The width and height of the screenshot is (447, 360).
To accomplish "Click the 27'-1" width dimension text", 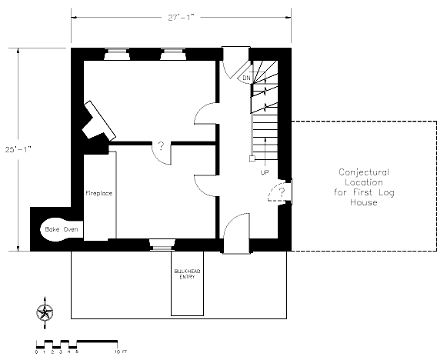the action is click(181, 18).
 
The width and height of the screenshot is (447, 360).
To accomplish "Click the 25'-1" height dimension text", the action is click(18, 149).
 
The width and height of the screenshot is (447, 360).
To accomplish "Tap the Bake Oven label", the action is click(62, 229).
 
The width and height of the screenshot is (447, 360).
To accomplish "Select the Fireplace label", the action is click(99, 193).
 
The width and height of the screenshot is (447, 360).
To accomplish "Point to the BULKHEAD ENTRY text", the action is click(187, 274).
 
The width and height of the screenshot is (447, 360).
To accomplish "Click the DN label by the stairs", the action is click(246, 78).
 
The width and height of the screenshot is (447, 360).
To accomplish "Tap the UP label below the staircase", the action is click(265, 172).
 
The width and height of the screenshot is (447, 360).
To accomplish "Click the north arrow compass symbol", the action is click(45, 312).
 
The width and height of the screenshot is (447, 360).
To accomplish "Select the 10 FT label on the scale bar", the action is click(121, 352).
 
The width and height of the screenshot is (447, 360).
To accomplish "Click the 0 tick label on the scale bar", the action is click(36, 352).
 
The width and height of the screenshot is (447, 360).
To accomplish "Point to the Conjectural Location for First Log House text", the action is click(364, 187).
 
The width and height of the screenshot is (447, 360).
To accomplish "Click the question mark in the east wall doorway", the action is click(282, 192).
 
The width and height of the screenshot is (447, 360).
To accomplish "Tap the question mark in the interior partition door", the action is click(161, 146).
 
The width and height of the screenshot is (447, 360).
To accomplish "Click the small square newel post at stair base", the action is click(252, 158).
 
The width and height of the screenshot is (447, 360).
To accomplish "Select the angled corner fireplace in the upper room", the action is click(98, 121).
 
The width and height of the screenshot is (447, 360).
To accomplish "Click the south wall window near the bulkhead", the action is click(162, 245).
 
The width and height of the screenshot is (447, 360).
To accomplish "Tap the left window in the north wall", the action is click(117, 54).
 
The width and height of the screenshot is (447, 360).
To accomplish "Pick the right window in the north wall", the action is click(173, 54).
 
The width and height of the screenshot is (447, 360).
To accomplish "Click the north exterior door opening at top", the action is click(235, 54).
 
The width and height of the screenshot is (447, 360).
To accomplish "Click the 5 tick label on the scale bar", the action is click(77, 352).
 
